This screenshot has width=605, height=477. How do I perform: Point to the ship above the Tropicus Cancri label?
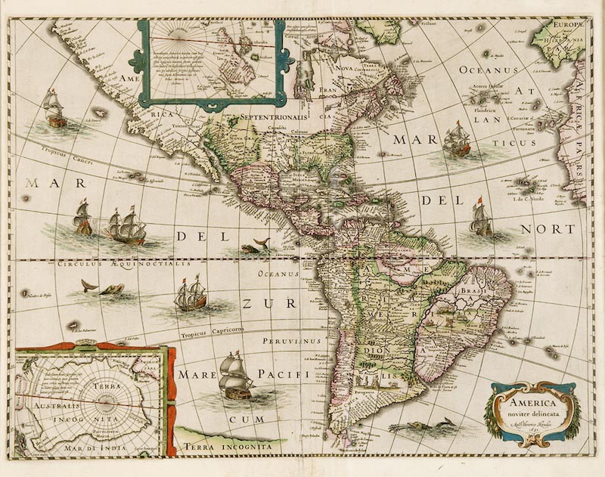pyautogui.click(x=54, y=107)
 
